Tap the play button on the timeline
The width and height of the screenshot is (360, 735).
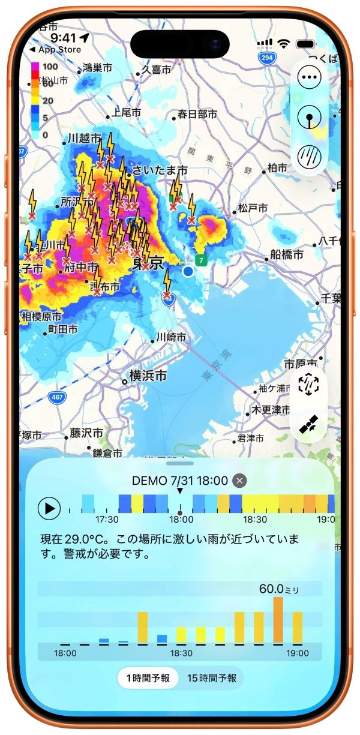tap(49, 509)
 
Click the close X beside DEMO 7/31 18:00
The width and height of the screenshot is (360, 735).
tap(239, 481)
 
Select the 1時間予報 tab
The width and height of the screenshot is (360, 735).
tap(148, 679)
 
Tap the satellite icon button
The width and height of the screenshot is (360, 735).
tap(309, 425)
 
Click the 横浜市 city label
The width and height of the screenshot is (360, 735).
tap(148, 376)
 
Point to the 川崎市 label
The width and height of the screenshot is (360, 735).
tap(170, 337)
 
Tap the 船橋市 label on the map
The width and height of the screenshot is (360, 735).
tap(286, 255)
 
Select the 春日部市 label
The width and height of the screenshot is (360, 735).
tap(197, 114)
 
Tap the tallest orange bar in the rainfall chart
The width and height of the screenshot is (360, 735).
tap(278, 620)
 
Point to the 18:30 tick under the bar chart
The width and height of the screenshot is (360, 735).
tap(181, 653)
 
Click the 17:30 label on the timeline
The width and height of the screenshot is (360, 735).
tap(107, 518)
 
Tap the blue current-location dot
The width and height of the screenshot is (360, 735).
tap(188, 271)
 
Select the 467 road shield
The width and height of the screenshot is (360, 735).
tap(57, 397)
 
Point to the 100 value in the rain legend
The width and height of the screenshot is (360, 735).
tap(50, 67)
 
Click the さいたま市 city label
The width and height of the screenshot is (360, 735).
tap(160, 170)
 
